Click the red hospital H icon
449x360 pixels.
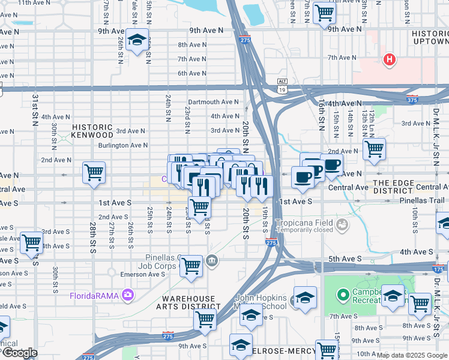tap(390, 59)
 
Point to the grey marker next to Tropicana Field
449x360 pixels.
tap(342, 225)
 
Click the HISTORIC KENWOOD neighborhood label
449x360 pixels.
tap(92, 131)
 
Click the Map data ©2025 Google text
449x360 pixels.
tap(412, 355)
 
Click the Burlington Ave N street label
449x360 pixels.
tap(123, 145)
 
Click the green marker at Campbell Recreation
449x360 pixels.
tap(342, 295)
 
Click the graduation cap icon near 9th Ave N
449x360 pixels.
tap(137, 39)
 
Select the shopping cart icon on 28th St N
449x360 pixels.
tap(94, 173)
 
